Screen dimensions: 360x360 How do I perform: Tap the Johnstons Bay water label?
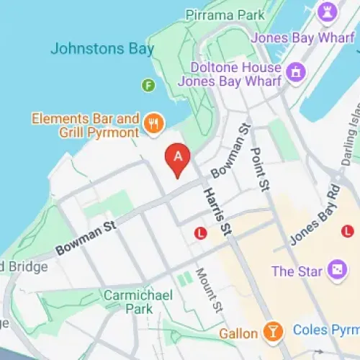tap(102, 50)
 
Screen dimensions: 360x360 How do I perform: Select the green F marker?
tap(149, 85)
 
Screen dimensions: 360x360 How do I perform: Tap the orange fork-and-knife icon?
tap(153, 124)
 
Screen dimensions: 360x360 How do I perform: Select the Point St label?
tap(259, 170)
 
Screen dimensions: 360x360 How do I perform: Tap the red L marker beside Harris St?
tap(201, 233)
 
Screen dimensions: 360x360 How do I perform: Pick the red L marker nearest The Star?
tap(347, 230)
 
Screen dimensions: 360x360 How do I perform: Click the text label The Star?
tap(292, 271)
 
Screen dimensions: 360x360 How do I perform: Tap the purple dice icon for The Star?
tap(336, 271)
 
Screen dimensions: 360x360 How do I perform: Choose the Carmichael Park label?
tap(129, 301)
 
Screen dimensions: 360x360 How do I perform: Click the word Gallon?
tap(238, 333)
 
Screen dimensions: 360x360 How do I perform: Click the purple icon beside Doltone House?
tap(294, 72)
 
